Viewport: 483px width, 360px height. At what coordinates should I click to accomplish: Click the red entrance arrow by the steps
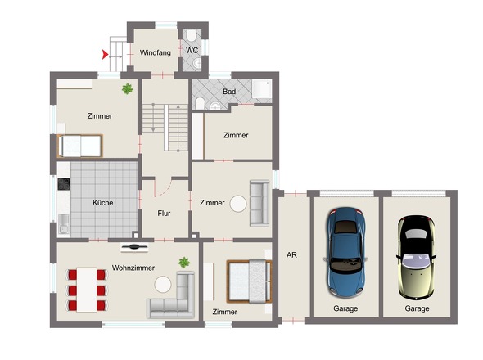pos(106,55)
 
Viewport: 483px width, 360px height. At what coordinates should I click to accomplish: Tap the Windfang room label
pos(156,52)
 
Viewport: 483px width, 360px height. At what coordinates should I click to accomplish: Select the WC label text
pos(192,50)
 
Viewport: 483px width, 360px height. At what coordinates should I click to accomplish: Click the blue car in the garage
pos(346,252)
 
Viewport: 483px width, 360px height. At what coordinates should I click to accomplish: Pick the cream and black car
pos(416,258)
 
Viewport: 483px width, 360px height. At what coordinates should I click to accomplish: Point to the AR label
pos(291,255)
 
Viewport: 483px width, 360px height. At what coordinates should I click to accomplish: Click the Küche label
pos(103,203)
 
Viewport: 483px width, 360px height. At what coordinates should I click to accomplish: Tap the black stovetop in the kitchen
pos(64,184)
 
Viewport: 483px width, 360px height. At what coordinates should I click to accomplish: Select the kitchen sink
pos(64,224)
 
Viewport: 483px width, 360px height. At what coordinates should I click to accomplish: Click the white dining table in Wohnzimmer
pos(87,290)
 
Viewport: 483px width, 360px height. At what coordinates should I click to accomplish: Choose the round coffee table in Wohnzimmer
pos(163,284)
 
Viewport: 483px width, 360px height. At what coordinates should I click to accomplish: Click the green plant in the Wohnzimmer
pos(184,263)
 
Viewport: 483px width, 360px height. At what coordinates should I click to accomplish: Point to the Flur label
pos(164,213)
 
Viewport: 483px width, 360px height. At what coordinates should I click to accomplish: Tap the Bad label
pos(229,92)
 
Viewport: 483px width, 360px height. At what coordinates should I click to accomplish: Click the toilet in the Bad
pos(200,103)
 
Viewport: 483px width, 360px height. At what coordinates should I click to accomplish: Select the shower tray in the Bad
pos(262,89)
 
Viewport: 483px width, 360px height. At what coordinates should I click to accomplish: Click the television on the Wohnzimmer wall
pos(134,247)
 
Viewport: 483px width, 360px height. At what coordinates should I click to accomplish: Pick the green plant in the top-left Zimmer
pos(128,88)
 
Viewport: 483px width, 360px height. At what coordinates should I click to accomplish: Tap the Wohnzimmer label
pos(133,268)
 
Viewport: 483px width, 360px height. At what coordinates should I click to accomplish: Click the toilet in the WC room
pos(192,35)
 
